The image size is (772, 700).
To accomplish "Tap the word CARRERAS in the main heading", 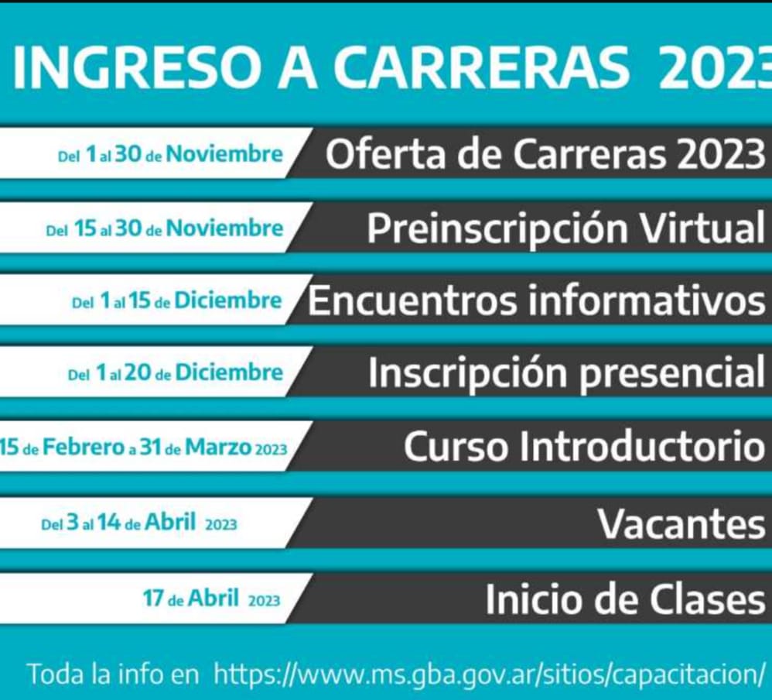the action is tap(484, 68).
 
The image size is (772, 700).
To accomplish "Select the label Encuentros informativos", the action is tap(537, 300).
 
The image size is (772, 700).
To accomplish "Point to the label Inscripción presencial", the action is tap(567, 374).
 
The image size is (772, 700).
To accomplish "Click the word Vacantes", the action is tap(682, 523).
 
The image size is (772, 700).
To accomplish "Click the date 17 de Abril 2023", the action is tap(212, 599).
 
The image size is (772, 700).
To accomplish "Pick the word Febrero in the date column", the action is tap(84, 448).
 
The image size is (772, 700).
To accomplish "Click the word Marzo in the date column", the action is tap(217, 448).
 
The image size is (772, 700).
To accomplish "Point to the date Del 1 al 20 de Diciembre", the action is tap(176, 372).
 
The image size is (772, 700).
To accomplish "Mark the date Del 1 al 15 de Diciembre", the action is tap(176, 300).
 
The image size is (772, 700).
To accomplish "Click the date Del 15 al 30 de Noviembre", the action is tap(165, 228).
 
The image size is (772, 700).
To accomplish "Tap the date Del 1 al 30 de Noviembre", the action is tap(170, 155).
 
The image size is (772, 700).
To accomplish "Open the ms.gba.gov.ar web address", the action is tap(490, 674).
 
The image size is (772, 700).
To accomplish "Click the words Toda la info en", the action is tap(114, 674).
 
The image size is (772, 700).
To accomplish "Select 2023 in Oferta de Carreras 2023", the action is tap(721, 155).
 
